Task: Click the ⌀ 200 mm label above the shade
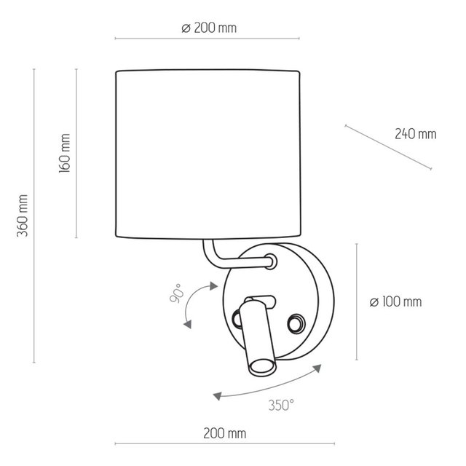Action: (208, 28)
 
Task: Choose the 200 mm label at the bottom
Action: (224, 433)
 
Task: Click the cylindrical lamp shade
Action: (208, 153)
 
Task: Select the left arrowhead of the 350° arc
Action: (216, 396)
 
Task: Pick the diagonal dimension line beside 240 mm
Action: (387, 149)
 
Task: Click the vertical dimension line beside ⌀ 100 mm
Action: (356, 301)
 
